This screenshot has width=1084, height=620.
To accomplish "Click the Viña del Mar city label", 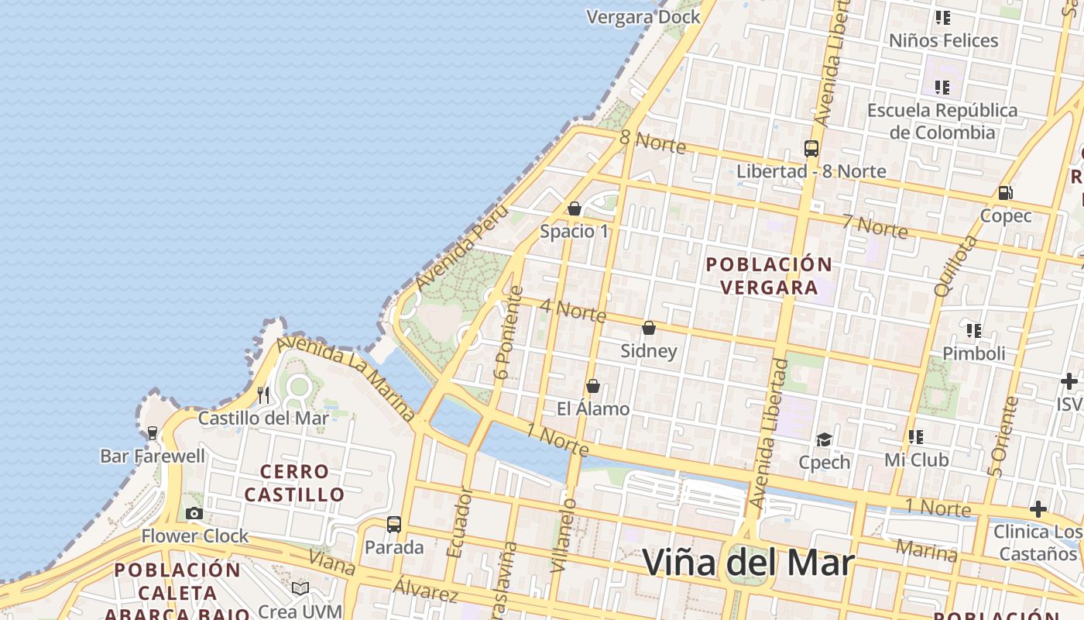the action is [748, 563].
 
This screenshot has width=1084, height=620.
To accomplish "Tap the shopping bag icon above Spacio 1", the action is [575, 208].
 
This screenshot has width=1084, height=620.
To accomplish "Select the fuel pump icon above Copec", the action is [1005, 192].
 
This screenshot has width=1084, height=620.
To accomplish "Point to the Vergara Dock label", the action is [643, 17].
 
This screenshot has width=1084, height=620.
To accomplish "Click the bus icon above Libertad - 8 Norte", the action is [811, 148].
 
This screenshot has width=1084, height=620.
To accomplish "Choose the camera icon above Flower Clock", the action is [194, 513].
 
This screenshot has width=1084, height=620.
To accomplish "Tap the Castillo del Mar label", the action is [263, 418].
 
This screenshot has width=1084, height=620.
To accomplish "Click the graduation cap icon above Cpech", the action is [824, 439].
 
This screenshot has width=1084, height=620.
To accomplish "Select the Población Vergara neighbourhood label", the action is [769, 276].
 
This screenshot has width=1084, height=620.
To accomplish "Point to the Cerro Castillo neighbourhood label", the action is [294, 483].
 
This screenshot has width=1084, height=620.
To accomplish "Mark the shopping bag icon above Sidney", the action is [649, 328].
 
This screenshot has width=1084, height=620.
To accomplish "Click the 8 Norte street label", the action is [653, 141].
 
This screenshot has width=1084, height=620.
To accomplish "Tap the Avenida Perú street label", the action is [462, 247].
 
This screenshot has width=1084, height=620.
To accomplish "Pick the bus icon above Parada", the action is [394, 525].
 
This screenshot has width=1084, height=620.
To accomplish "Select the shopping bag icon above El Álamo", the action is [593, 385].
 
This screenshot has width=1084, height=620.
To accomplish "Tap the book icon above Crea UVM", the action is [300, 588].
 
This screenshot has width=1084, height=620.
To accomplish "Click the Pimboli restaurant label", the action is [973, 353].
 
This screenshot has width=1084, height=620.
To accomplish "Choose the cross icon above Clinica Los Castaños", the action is [1038, 509].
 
